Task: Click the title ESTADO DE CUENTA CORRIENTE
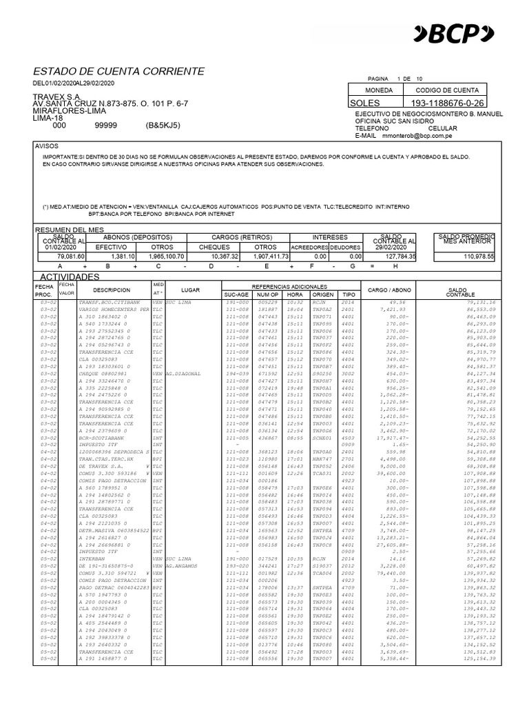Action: pyautogui.click(x=118, y=71)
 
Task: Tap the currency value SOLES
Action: pyautogui.click(x=369, y=103)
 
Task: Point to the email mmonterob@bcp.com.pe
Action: pyautogui.click(x=421, y=137)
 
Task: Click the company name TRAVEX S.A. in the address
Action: pyautogui.click(x=57, y=96)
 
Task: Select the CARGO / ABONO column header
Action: pyautogui.click(x=391, y=290)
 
